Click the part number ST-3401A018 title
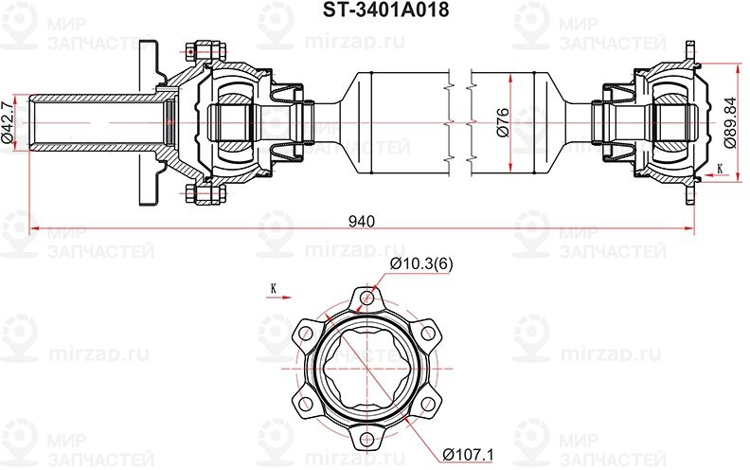tap(374, 10)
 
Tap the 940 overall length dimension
tap(361, 221)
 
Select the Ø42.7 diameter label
tap(9, 120)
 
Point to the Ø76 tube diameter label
tap(503, 120)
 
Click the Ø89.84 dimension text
tap(729, 121)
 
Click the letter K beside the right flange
tap(720, 168)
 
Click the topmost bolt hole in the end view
tap(366, 301)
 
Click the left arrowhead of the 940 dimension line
tap(36, 228)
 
